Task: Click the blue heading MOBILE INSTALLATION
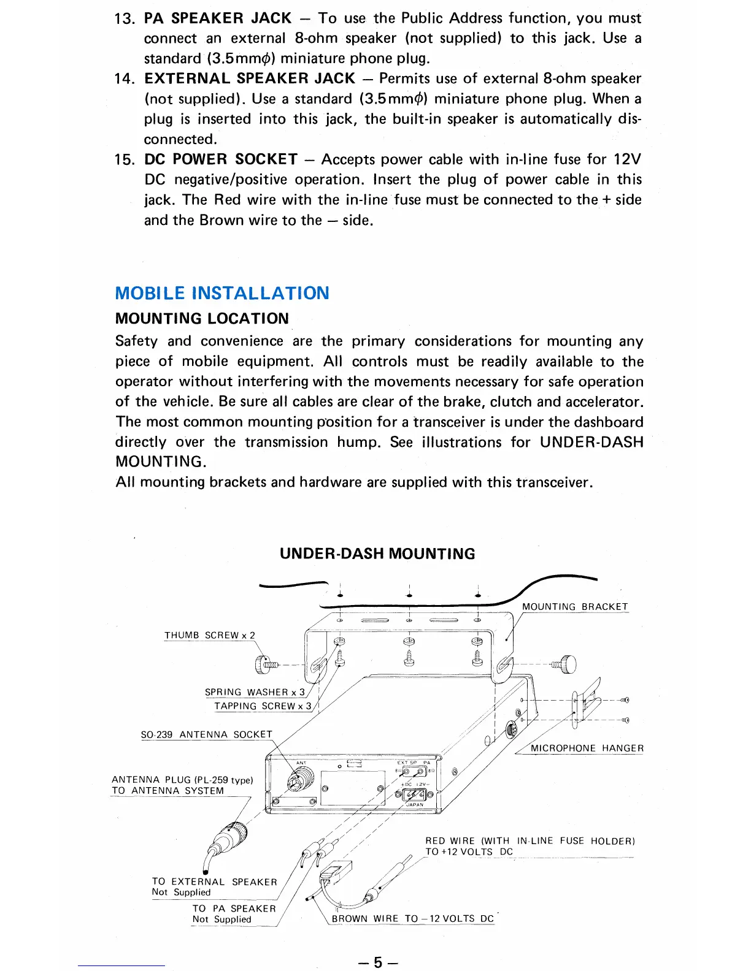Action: tap(222, 293)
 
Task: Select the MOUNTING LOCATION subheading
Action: tap(202, 319)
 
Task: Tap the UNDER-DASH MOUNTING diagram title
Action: tap(377, 554)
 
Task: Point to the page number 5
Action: tap(377, 962)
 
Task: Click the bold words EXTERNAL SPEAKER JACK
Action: tap(250, 78)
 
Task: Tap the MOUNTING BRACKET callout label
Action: tap(575, 607)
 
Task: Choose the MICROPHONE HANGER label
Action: tap(587, 748)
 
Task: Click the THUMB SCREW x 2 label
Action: tap(209, 635)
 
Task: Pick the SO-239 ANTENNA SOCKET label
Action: tap(206, 734)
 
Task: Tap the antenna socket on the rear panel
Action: tap(300, 779)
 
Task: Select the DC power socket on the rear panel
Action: tap(415, 794)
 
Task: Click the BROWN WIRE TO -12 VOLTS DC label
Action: tap(412, 918)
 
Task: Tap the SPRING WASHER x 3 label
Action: tap(255, 692)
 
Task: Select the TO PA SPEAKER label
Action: tap(234, 908)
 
